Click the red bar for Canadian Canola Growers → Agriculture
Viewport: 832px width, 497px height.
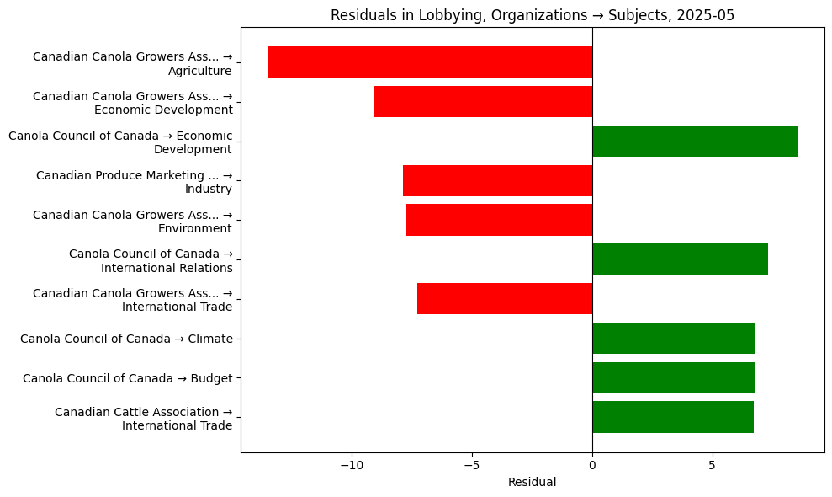tap(429, 62)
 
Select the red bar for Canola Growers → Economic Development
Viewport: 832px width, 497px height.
tap(483, 102)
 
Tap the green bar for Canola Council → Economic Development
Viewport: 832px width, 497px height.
tap(694, 142)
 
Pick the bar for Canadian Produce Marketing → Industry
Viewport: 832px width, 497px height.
tap(497, 181)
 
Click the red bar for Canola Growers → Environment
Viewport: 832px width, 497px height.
tap(499, 220)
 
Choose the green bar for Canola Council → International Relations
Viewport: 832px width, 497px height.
tap(680, 259)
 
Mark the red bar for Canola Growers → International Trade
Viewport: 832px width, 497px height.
tap(505, 299)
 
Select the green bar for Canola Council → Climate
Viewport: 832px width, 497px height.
tap(673, 339)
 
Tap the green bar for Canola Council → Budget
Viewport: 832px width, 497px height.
tap(673, 378)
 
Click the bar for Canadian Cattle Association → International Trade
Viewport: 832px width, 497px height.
tap(672, 417)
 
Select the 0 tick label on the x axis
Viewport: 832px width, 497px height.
tap(592, 465)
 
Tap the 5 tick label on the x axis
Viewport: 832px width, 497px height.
tap(712, 465)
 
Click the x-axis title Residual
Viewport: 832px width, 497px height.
tap(532, 483)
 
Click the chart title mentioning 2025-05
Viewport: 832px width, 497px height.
tap(532, 15)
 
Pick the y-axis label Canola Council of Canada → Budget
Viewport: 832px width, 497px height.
tap(127, 378)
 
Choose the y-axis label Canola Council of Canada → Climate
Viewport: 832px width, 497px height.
tap(126, 339)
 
